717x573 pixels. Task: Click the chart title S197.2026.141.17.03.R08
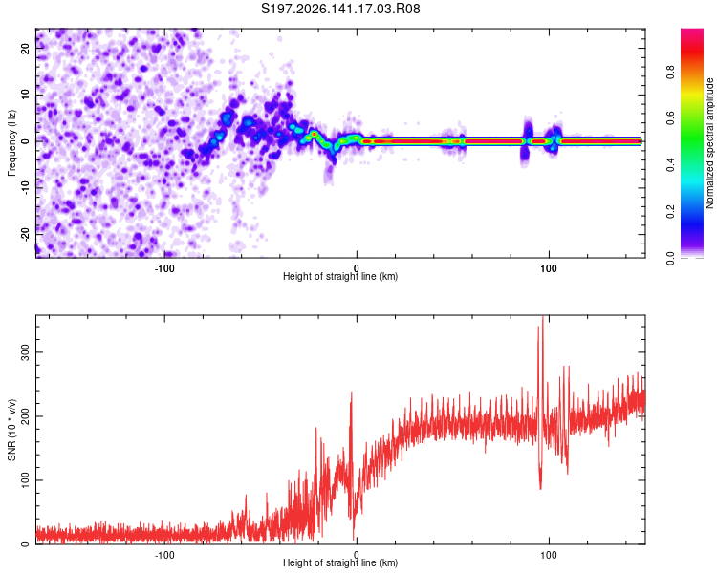click(340, 9)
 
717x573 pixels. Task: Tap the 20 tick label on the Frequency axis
click(25, 49)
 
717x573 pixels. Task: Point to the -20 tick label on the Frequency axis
click(25, 234)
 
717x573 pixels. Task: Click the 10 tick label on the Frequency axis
click(25, 95)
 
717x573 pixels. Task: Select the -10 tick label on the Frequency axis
click(25, 188)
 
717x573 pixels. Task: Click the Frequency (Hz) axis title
click(11, 143)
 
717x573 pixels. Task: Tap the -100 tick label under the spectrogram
click(164, 268)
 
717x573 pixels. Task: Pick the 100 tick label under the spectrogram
click(549, 268)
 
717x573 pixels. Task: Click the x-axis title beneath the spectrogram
click(340, 276)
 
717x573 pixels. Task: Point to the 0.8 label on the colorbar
click(670, 73)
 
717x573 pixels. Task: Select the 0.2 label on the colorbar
click(670, 212)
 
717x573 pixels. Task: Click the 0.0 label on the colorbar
click(670, 258)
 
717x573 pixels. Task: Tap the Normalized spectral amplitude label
click(709, 143)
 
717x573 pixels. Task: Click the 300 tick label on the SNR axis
click(25, 352)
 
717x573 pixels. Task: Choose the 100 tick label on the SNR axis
click(25, 480)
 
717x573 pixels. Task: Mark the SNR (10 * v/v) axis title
click(11, 430)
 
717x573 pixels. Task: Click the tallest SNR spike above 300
click(543, 316)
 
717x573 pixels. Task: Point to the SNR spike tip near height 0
click(352, 392)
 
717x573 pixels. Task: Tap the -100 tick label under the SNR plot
click(164, 555)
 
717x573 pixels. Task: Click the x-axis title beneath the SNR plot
click(340, 562)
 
